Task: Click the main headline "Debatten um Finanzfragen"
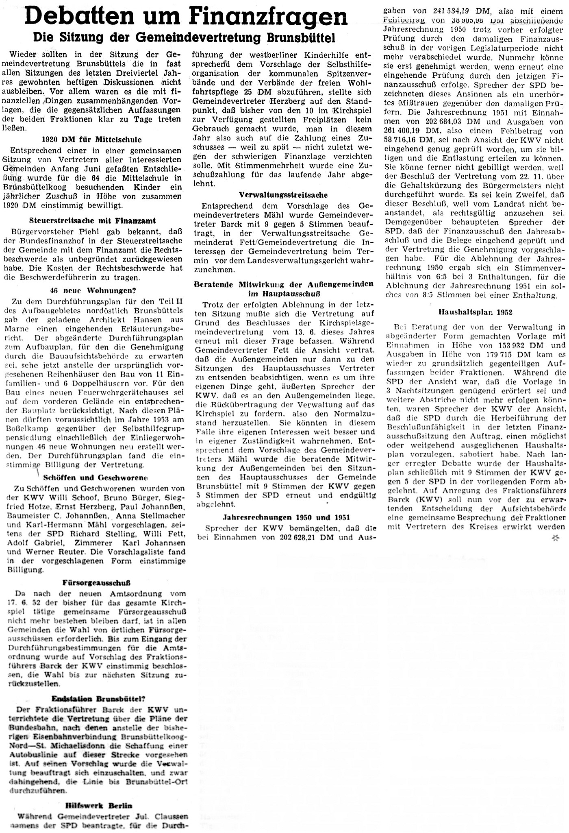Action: (x=185, y=17)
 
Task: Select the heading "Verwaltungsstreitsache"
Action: (x=283, y=195)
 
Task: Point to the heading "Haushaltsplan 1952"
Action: (x=475, y=312)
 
